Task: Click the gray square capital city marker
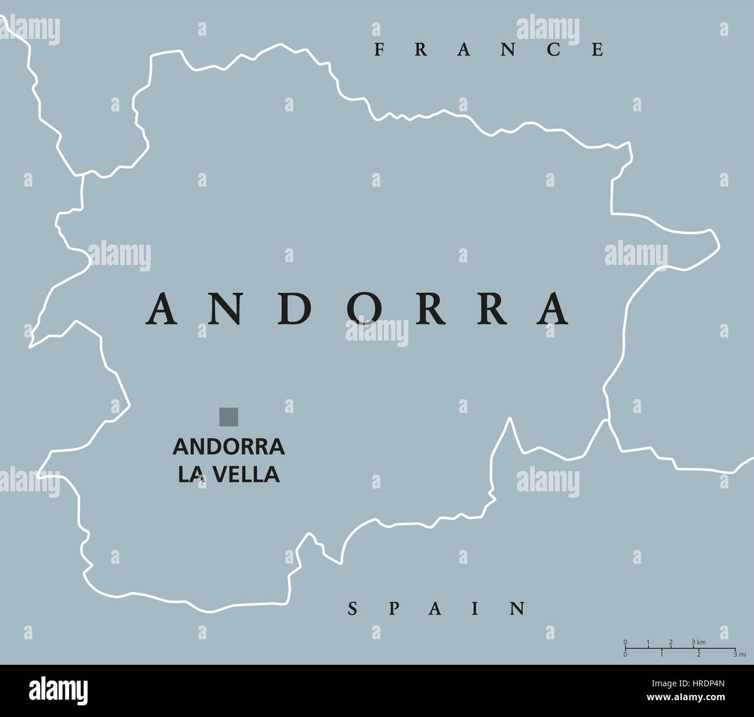(229, 417)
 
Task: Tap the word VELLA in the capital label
(245, 475)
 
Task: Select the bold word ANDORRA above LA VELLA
(229, 447)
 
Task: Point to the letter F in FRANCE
(379, 50)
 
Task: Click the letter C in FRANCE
(553, 50)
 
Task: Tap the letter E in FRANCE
(598, 50)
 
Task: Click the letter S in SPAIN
(352, 609)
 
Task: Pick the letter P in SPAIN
(393, 609)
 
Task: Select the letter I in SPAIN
(476, 609)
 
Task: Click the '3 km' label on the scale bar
(698, 642)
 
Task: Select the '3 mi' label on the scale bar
(739, 654)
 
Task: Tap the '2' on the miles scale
(698, 654)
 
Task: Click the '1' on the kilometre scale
(648, 642)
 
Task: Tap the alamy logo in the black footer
(59, 691)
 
